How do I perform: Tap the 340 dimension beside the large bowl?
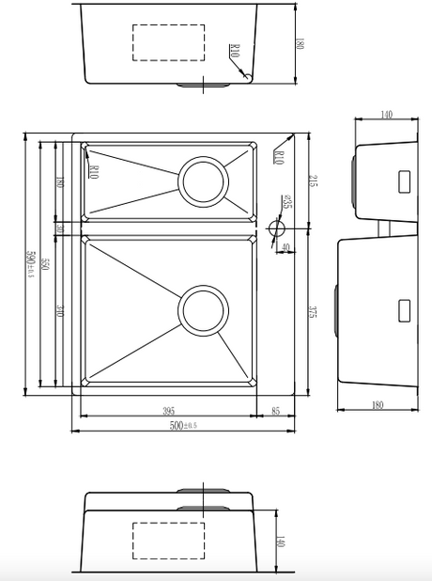tap(60, 310)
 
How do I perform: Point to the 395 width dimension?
tap(169, 411)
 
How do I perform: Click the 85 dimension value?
tap(276, 411)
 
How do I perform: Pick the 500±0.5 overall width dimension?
tap(185, 426)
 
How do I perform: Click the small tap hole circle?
tap(277, 228)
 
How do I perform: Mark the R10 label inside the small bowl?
tap(96, 171)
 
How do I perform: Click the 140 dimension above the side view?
tap(385, 115)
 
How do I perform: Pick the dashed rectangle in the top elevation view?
tap(169, 42)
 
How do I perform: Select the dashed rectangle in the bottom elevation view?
tap(169, 541)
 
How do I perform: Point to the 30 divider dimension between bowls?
tap(60, 228)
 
